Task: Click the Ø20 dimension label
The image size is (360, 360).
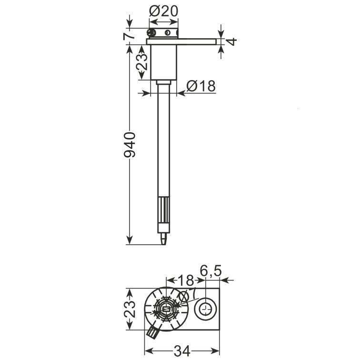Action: coord(163,11)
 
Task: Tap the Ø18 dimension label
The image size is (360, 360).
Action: coord(201,86)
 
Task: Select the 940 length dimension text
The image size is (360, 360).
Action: coord(130,145)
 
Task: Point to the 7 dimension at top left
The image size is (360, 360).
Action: coord(129,36)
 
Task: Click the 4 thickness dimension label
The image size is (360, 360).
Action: coord(231,42)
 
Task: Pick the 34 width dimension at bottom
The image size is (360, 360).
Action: coord(182,351)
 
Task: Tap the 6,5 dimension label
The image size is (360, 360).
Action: coord(210,270)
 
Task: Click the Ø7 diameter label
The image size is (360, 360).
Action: coord(187,295)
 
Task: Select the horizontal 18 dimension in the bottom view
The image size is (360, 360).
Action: coord(186,280)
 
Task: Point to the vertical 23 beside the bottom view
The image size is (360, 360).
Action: coord(130,309)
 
